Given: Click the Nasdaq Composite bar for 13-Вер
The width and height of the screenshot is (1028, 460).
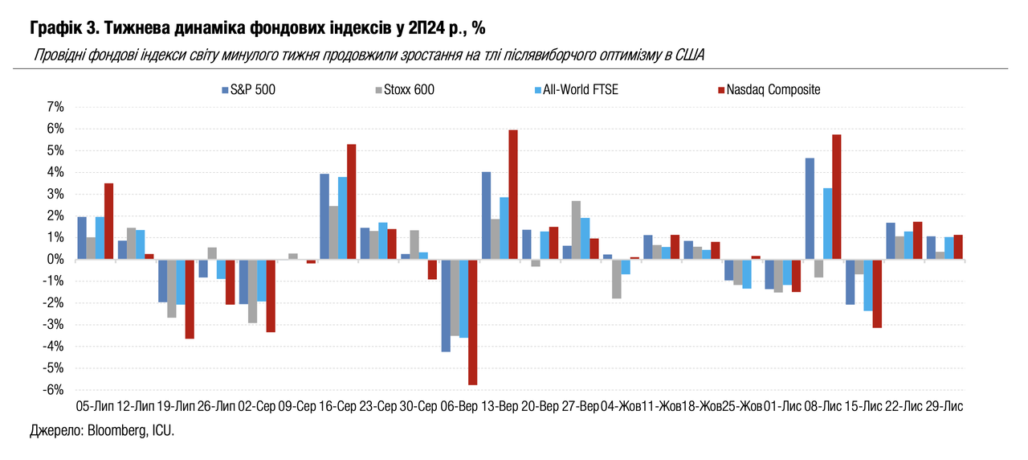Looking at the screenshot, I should click(x=513, y=195).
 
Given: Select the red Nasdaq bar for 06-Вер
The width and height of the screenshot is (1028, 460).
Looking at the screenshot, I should click(x=472, y=322).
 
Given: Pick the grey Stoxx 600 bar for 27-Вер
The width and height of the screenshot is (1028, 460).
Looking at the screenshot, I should click(x=576, y=230).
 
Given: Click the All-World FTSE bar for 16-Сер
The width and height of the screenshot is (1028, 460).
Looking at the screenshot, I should click(x=343, y=218).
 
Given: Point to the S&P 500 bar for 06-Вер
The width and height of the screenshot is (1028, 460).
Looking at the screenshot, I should click(x=446, y=306).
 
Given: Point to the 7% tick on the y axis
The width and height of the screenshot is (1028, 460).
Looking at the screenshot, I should click(x=55, y=107).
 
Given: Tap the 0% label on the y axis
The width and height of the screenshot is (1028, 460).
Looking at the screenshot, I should click(x=55, y=259).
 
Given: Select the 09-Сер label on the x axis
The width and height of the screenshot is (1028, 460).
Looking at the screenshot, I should click(x=297, y=408).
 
